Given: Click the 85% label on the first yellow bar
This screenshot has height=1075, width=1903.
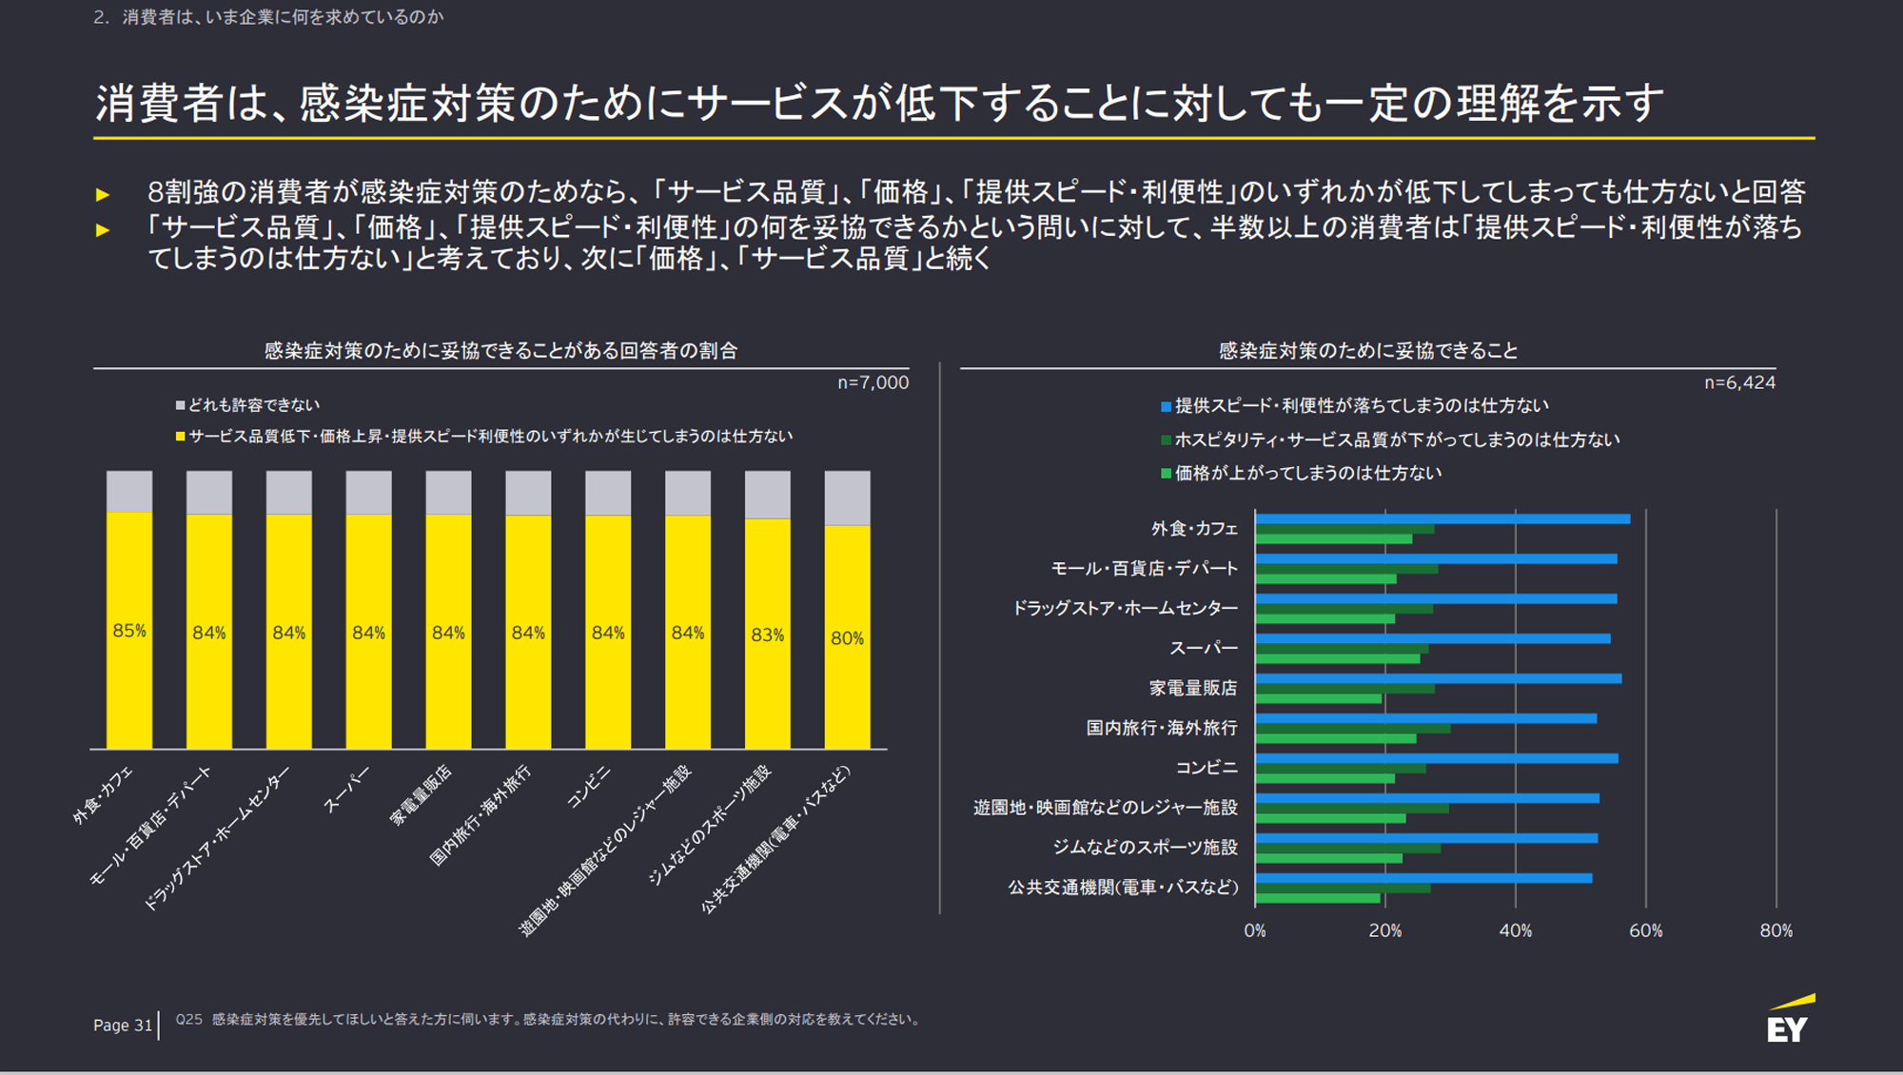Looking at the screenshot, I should (129, 631).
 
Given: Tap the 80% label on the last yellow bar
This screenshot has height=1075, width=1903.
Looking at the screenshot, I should (847, 638).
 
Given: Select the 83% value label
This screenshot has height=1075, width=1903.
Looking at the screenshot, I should (767, 635).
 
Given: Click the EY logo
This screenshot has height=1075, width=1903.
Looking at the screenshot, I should (1789, 1021).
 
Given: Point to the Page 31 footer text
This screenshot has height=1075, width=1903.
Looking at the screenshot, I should (123, 1025).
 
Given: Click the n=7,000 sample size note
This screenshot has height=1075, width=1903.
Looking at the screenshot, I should (873, 382).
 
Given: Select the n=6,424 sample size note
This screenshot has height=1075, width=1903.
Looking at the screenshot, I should (1739, 382).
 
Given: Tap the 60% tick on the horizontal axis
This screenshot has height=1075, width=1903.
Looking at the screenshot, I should (1645, 930).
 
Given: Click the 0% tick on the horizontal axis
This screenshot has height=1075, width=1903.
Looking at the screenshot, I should (1255, 930).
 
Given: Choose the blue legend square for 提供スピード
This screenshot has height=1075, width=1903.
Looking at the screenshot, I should (1166, 407).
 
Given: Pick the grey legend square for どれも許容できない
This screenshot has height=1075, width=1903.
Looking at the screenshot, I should (180, 405).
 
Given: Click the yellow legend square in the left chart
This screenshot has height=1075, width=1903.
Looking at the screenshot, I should (180, 437).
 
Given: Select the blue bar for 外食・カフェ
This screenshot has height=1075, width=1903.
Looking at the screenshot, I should (1442, 519).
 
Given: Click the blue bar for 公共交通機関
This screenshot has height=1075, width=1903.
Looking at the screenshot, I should (1422, 878).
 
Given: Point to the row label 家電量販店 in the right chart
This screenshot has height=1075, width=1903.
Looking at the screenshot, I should (1192, 688).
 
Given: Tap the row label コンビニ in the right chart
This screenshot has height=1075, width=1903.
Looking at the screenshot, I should (1206, 768).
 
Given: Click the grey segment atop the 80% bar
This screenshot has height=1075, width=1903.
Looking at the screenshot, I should (847, 498).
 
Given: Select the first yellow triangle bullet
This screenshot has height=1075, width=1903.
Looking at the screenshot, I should (103, 195).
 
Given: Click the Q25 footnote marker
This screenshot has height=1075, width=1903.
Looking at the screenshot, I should (188, 1019).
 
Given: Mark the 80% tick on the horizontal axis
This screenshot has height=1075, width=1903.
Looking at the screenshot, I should (1775, 930).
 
